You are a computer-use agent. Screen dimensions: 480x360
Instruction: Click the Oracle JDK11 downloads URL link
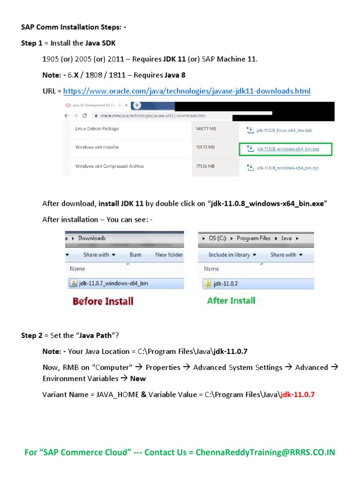[x=187, y=90]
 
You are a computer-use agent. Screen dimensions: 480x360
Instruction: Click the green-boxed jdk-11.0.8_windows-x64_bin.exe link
[x=288, y=149]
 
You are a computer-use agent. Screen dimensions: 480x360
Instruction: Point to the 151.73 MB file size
[x=205, y=147]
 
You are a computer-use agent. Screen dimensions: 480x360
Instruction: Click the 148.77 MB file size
[x=205, y=128]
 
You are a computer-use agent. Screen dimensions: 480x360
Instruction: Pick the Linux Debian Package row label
[x=97, y=128]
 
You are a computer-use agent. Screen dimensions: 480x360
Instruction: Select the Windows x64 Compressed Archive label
[x=109, y=166]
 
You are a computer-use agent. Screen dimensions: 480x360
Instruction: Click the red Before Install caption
[x=103, y=301]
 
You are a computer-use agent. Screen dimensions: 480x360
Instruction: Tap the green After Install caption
[x=231, y=300]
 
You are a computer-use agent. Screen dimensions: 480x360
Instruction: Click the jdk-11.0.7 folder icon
[x=208, y=283]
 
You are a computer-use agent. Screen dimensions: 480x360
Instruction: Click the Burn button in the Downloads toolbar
[x=135, y=255]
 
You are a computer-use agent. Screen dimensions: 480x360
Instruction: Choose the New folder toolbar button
[x=169, y=255]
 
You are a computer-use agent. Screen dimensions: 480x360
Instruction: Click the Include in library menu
[x=232, y=255]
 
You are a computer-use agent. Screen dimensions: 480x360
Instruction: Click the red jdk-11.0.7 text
[x=297, y=394]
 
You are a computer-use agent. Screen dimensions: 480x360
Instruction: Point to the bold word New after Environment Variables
[x=138, y=378]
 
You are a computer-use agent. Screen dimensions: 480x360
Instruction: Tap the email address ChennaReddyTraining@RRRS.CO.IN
[x=265, y=452]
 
